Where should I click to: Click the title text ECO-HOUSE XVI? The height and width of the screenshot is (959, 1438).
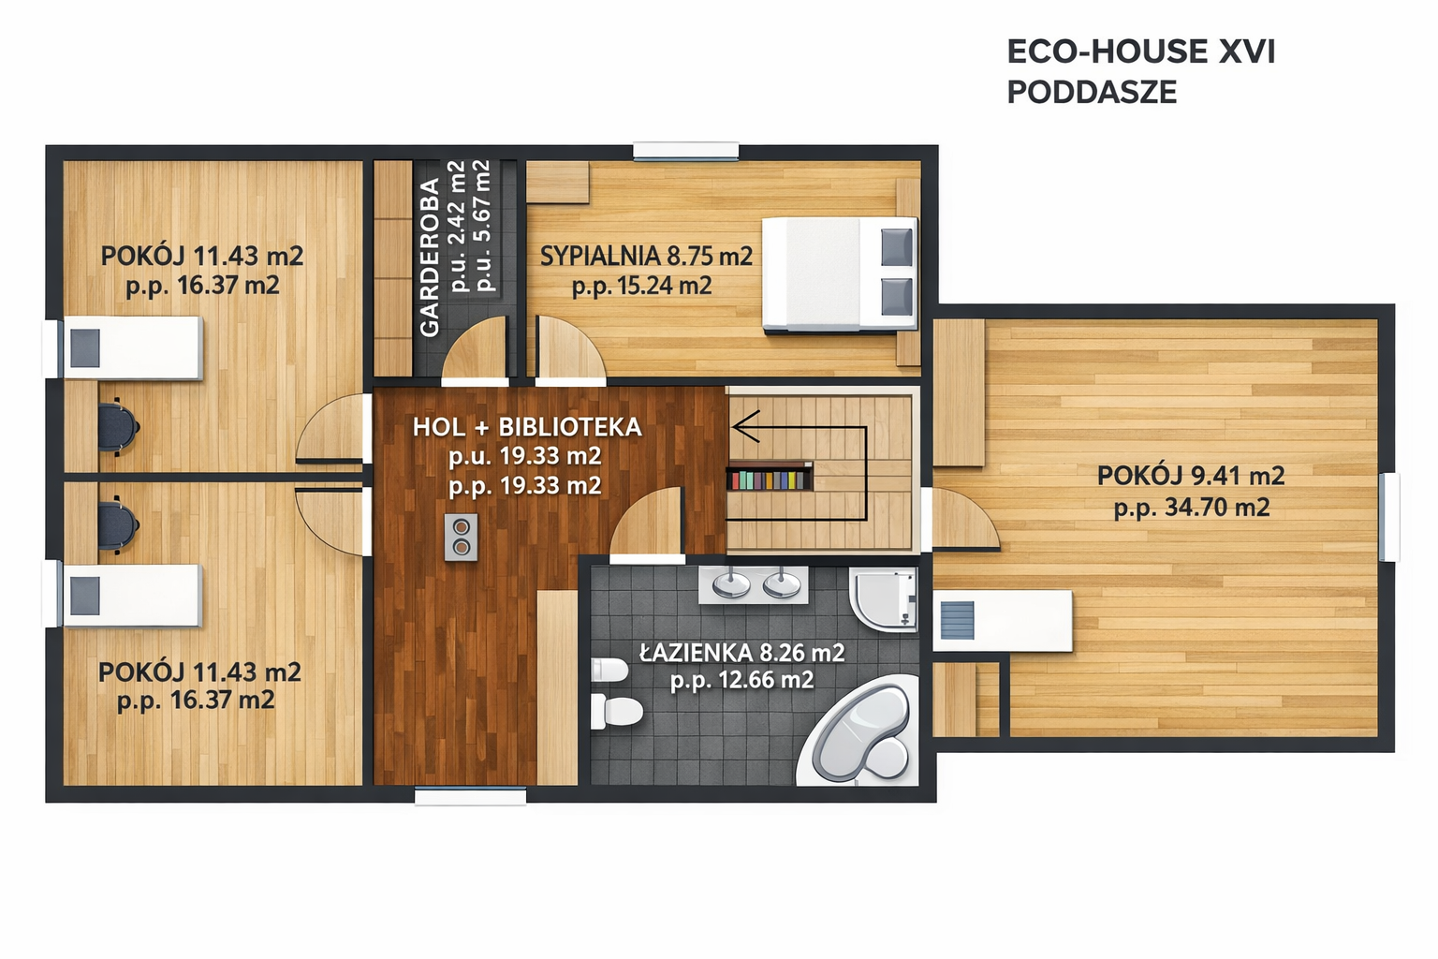tap(1141, 52)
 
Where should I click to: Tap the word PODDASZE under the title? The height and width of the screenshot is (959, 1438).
tap(1092, 93)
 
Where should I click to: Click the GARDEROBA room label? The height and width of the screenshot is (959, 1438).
tap(430, 257)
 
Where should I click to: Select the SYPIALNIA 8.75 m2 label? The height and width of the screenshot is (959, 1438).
tap(646, 257)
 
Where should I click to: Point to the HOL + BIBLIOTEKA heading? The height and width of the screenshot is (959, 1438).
tap(527, 427)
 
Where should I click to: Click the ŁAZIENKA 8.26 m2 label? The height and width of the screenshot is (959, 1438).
tap(742, 653)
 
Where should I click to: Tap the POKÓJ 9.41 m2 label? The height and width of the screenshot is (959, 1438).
tap(1191, 476)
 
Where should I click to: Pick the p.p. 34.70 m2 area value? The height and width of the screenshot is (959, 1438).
tap(1192, 508)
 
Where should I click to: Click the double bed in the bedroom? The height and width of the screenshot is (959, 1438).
tap(840, 275)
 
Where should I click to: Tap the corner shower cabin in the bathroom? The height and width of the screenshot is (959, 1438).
tap(884, 598)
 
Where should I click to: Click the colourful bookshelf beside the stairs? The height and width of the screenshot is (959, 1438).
tap(769, 479)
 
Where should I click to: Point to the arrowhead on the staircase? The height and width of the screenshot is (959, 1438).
tap(744, 426)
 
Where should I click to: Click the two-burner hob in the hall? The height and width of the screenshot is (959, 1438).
tap(461, 537)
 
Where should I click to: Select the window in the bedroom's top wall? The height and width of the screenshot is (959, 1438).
tap(685, 151)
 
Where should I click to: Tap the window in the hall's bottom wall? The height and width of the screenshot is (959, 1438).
tap(471, 796)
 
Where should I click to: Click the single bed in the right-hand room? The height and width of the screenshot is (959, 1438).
tap(1002, 621)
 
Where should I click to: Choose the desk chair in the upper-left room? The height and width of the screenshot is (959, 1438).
tap(118, 426)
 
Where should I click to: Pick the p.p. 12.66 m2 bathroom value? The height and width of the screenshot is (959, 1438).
tap(742, 680)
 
